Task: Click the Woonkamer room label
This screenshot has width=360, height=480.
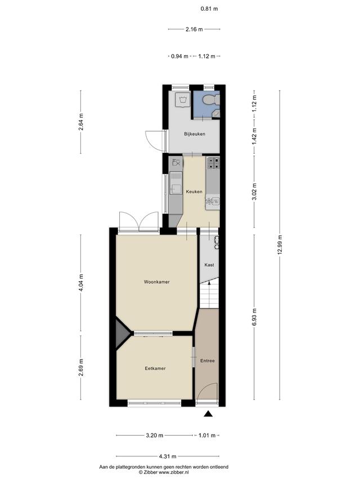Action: [157, 281]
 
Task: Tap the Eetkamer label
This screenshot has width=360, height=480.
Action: [155, 368]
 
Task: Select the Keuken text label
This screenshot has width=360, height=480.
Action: [194, 192]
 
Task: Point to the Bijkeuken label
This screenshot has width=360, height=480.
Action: [195, 134]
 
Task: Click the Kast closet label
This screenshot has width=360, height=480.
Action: [209, 265]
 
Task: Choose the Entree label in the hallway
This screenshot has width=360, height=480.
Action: [207, 361]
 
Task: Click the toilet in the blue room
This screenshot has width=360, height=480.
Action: [212, 99]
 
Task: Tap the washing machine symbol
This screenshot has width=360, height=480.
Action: [183, 100]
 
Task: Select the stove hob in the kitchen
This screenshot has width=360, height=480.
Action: [213, 163]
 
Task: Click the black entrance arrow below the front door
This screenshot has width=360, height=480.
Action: [209, 414]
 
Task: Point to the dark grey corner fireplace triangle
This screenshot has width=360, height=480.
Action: [123, 333]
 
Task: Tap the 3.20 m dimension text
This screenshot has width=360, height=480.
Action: [155, 436]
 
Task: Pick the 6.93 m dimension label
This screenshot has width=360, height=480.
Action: [254, 317]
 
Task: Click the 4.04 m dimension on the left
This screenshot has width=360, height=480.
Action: [81, 283]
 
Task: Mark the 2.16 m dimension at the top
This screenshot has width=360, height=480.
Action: [194, 29]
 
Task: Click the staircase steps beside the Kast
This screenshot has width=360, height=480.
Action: [209, 295]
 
